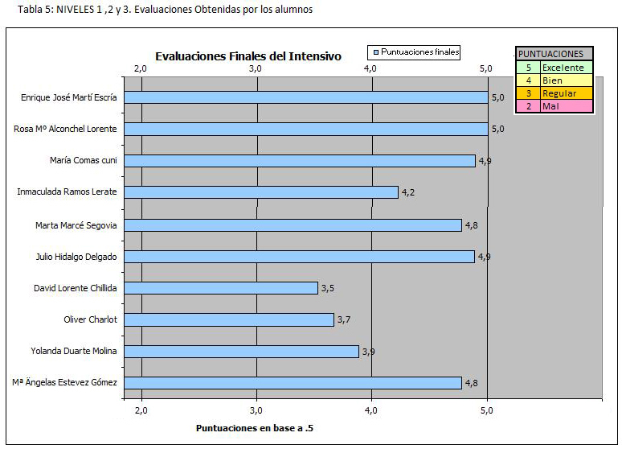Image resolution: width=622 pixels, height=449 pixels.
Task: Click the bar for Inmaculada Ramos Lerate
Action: pyautogui.click(x=261, y=192)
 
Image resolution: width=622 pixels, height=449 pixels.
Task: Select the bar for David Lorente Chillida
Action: pyautogui.click(x=221, y=288)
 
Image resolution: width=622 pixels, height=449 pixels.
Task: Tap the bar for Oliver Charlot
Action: pyautogui.click(x=229, y=319)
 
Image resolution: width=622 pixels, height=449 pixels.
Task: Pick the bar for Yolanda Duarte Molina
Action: pyautogui.click(x=241, y=352)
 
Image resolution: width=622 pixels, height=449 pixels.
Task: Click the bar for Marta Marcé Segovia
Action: pyautogui.click(x=293, y=224)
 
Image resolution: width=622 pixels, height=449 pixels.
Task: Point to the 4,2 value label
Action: pyautogui.click(x=407, y=193)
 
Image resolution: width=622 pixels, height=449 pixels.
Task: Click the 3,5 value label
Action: pyautogui.click(x=328, y=288)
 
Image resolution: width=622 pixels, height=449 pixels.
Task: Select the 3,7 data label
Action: pyautogui.click(x=344, y=320)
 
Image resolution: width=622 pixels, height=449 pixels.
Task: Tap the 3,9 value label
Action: pyautogui.click(x=369, y=352)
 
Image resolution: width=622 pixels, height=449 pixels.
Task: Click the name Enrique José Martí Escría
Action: pyautogui.click(x=68, y=97)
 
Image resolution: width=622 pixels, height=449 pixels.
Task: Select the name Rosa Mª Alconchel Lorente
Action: pyautogui.click(x=65, y=129)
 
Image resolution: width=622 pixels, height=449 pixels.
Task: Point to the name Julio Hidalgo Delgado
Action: pyautogui.click(x=77, y=257)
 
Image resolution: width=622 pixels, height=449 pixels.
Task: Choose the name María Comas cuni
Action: pyautogui.click(x=84, y=161)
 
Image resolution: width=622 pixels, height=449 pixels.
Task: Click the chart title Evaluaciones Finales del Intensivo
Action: pyautogui.click(x=248, y=56)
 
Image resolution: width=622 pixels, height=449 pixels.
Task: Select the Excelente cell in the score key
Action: pyautogui.click(x=563, y=68)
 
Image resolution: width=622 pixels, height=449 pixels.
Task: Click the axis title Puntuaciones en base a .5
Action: pyautogui.click(x=255, y=428)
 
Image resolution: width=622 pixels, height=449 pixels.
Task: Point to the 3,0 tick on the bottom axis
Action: pyautogui.click(x=256, y=410)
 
